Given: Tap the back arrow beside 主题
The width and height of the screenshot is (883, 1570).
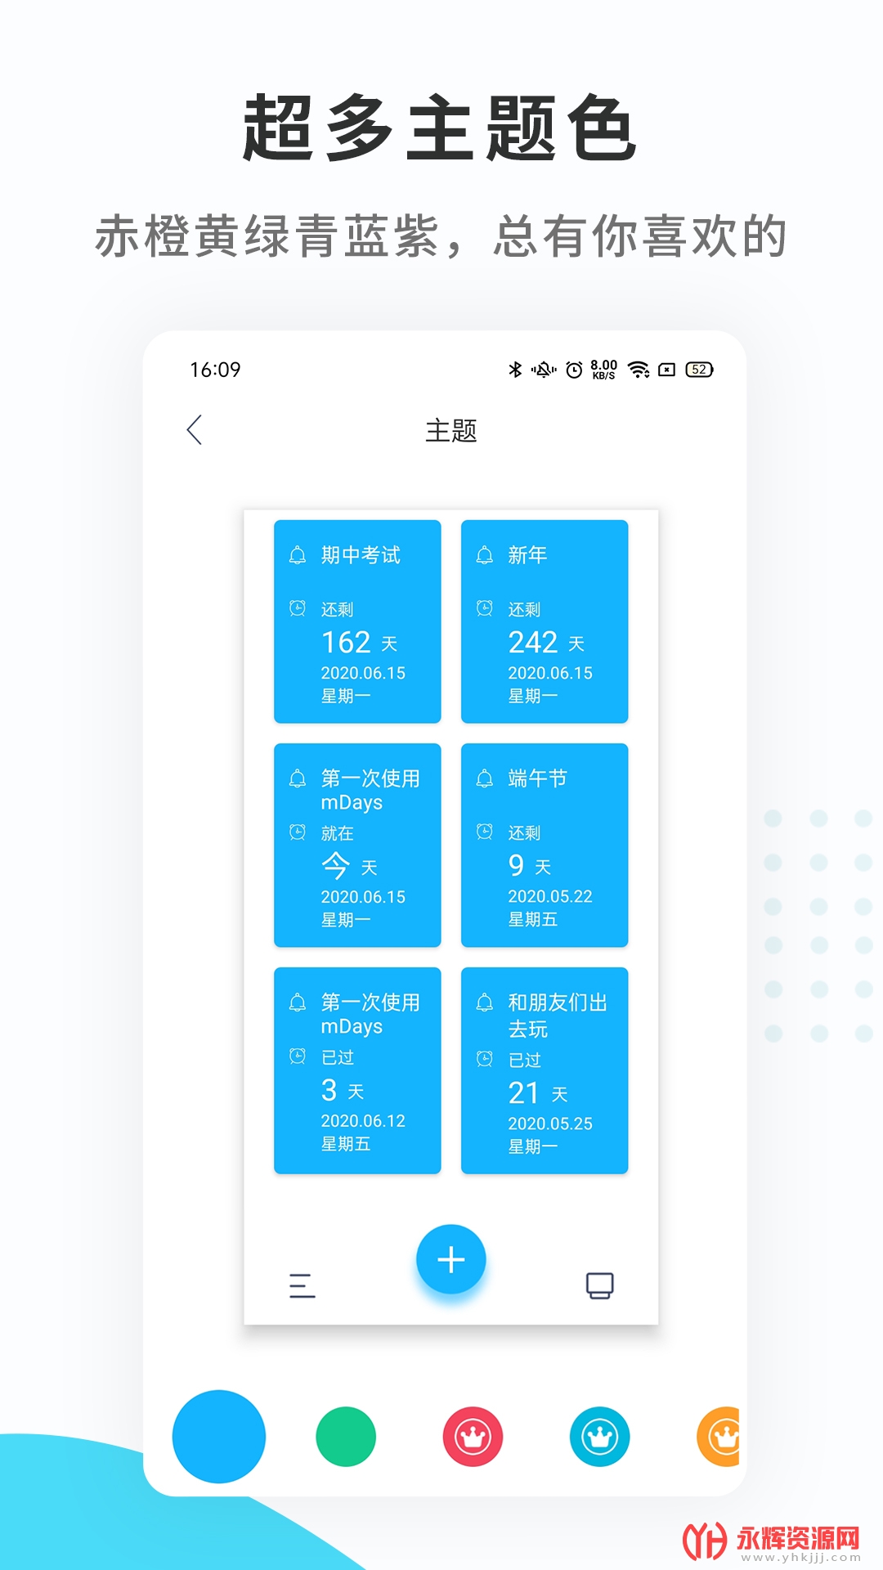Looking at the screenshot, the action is click(195, 430).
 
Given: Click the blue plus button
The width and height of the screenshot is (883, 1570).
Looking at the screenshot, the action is click(451, 1259).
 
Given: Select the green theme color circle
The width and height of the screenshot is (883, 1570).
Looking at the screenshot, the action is click(346, 1437).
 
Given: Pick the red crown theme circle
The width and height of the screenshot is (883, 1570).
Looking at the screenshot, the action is click(473, 1437).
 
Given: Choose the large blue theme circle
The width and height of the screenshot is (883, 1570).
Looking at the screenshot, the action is click(219, 1437).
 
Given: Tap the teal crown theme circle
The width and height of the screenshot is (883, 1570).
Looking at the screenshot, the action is click(600, 1437).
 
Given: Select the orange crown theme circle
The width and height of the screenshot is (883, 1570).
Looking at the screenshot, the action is click(719, 1437).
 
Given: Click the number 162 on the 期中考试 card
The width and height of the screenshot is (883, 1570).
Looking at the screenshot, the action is click(347, 643).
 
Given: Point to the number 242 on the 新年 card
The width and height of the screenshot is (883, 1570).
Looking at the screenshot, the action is click(533, 643).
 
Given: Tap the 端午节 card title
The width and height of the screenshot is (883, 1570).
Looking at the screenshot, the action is click(537, 778).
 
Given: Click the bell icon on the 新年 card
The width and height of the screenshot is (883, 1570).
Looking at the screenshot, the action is click(485, 555).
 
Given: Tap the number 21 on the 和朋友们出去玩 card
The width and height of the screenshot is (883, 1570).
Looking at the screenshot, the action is click(523, 1093).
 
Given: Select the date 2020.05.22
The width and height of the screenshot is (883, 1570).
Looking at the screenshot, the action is click(550, 896).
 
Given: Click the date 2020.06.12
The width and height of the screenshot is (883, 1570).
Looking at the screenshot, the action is click(363, 1121).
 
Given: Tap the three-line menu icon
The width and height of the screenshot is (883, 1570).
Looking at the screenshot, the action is click(302, 1285).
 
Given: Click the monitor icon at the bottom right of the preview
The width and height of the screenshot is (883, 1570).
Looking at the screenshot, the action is click(600, 1285).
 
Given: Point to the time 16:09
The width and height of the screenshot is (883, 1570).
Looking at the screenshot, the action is click(215, 370).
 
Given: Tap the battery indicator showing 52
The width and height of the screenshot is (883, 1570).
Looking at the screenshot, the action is click(699, 370).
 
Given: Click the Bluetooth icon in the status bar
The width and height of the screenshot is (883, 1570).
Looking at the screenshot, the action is click(515, 370).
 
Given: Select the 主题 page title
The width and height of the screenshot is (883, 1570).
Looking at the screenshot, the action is click(451, 431).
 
